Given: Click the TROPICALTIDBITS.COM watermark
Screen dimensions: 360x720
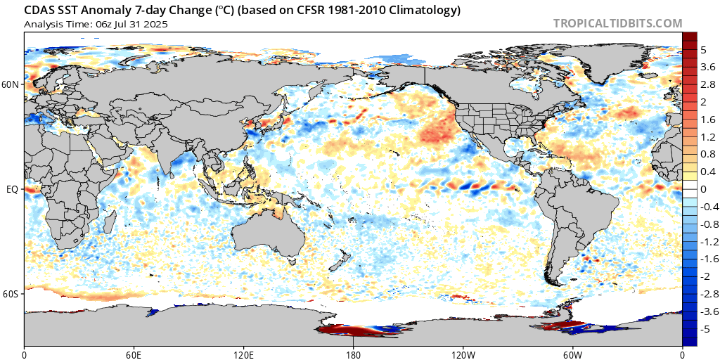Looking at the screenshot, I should pyautogui.click(x=617, y=23).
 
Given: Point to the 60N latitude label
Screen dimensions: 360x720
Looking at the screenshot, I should pyautogui.click(x=11, y=84).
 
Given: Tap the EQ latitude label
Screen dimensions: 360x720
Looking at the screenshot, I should pyautogui.click(x=12, y=189).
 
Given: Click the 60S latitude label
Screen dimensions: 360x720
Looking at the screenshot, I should pyautogui.click(x=11, y=293).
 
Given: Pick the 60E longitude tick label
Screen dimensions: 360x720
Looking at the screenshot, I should pyautogui.click(x=134, y=353).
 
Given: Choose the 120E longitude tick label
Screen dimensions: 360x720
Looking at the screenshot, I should pyautogui.click(x=243, y=353).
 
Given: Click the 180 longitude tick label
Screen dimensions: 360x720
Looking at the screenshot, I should pyautogui.click(x=353, y=353).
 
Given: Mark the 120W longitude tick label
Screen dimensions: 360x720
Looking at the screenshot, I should pyautogui.click(x=463, y=353).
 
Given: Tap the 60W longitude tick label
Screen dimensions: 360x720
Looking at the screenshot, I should pyautogui.click(x=572, y=353).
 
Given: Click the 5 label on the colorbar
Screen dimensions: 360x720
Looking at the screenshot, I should pyautogui.click(x=703, y=50).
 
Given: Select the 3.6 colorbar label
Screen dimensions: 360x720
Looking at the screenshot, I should pyautogui.click(x=707, y=67).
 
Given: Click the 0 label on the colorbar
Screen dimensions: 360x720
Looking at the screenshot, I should pyautogui.click(x=703, y=189).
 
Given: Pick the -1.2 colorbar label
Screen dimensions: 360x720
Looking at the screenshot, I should pyautogui.click(x=709, y=241).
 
